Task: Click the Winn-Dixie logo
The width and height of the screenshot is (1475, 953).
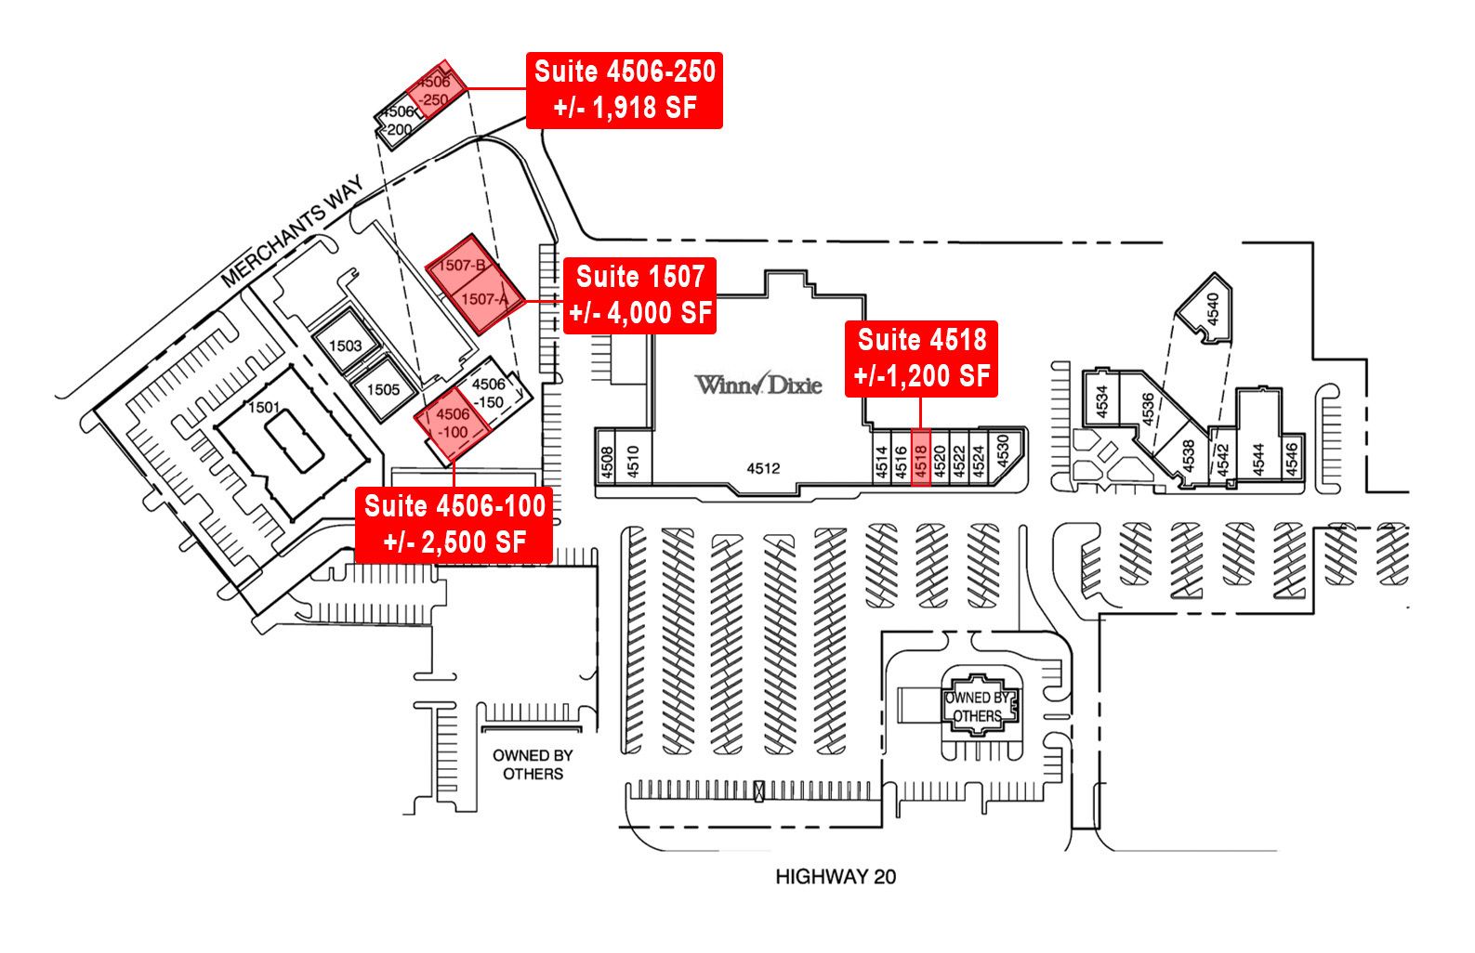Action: click(x=758, y=384)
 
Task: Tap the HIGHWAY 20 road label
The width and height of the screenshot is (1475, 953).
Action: click(x=836, y=876)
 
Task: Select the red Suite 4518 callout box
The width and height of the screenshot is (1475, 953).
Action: click(x=921, y=359)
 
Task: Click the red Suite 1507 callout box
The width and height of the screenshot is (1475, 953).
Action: click(x=640, y=295)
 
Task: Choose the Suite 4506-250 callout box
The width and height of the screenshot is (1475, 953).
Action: click(x=625, y=90)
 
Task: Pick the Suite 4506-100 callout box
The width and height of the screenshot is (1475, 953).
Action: click(x=454, y=525)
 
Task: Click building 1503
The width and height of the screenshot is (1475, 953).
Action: click(x=346, y=346)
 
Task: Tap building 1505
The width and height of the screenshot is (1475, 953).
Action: click(x=382, y=389)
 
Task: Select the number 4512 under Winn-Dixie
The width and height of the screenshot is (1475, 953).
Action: click(x=763, y=468)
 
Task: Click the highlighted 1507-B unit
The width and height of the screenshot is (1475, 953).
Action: click(x=462, y=266)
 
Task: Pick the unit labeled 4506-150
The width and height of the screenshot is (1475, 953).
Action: click(x=490, y=393)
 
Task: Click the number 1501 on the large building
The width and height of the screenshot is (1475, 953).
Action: click(x=264, y=407)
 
